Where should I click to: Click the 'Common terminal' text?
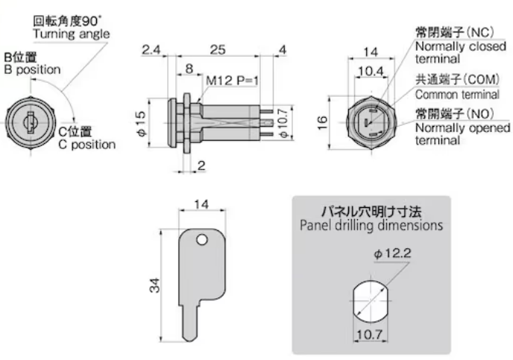point(457,95)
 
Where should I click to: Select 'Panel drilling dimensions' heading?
point(371,224)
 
